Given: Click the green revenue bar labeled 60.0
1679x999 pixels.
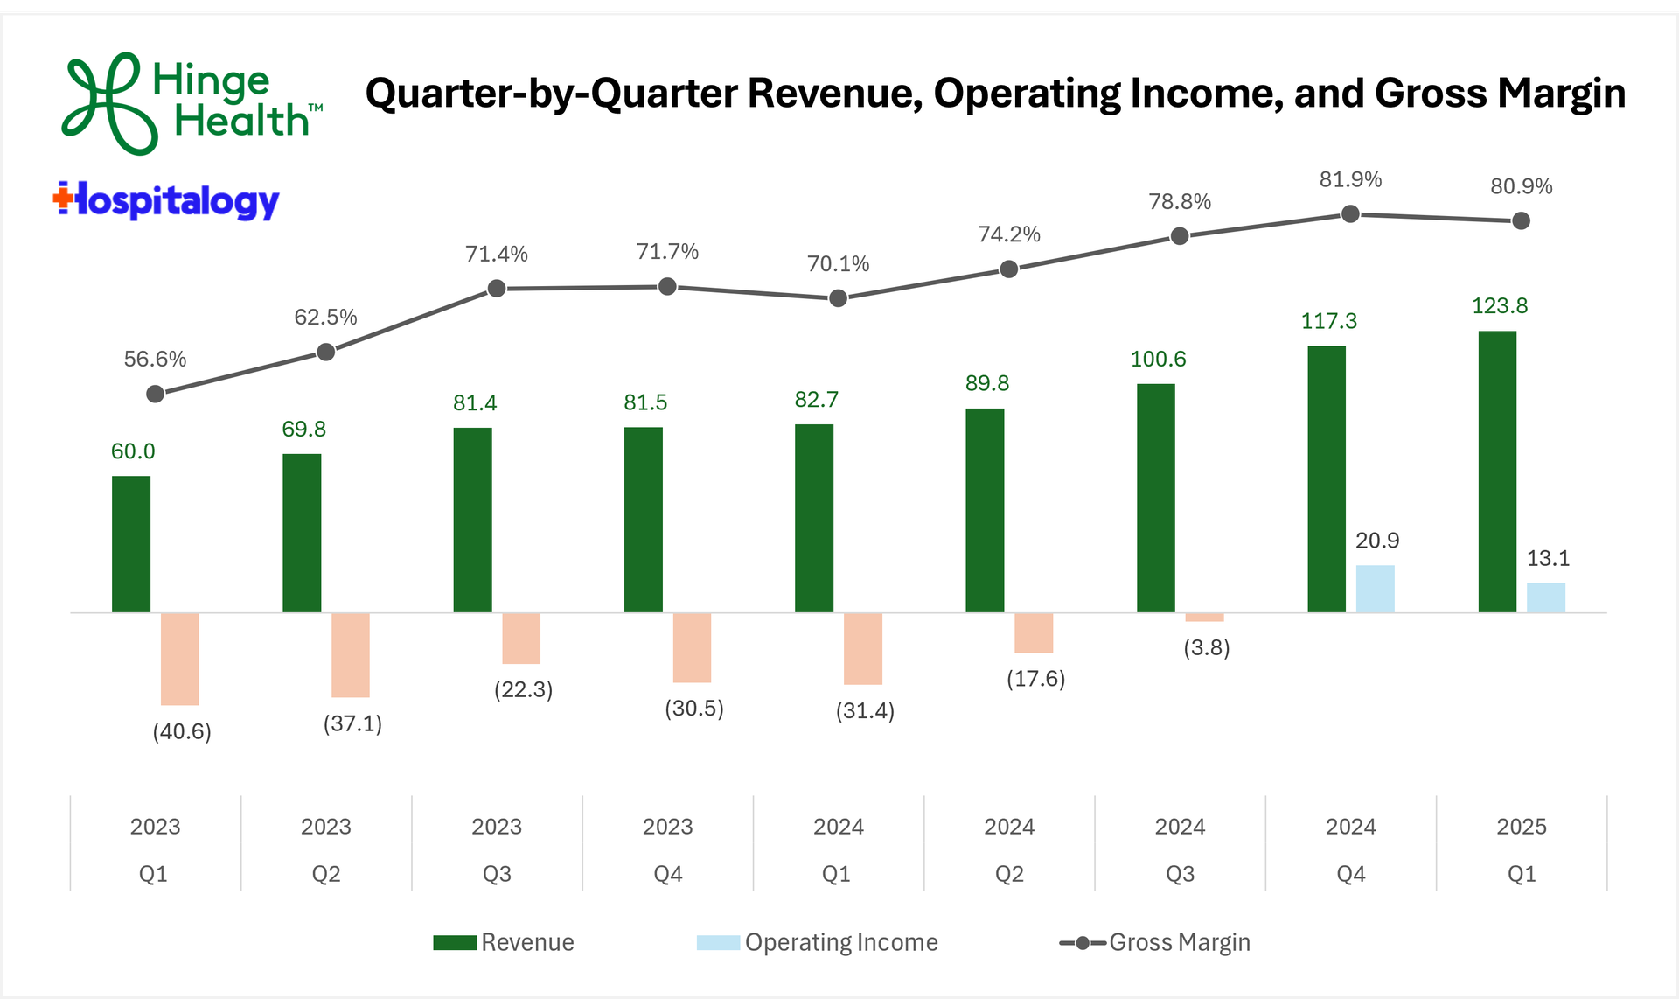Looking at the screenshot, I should (x=131, y=544).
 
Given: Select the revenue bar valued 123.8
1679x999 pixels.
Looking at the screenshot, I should (x=1497, y=472).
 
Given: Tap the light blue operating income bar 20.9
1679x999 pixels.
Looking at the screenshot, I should (x=1375, y=589).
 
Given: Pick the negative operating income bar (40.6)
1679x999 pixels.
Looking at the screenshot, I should (x=180, y=659).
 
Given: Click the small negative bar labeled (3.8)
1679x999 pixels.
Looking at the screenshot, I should (x=1204, y=618).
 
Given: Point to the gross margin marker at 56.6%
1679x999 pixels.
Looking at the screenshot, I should (x=156, y=395).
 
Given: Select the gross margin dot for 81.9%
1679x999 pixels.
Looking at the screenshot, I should (x=1350, y=214).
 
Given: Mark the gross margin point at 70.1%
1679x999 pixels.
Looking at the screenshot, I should (x=838, y=298).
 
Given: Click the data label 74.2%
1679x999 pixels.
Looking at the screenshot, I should (x=1009, y=234).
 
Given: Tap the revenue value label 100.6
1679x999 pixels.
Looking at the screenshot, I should (x=1158, y=360).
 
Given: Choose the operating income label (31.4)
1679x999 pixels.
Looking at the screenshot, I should (x=865, y=710).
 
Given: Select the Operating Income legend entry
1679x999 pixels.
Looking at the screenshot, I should (x=818, y=942).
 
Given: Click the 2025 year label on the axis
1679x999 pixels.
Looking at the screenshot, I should (x=1522, y=827).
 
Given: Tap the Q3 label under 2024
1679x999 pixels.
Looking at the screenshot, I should (x=1180, y=874).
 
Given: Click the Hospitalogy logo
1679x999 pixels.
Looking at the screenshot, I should (x=166, y=201).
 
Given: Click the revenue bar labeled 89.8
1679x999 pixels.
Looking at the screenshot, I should (x=985, y=510).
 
